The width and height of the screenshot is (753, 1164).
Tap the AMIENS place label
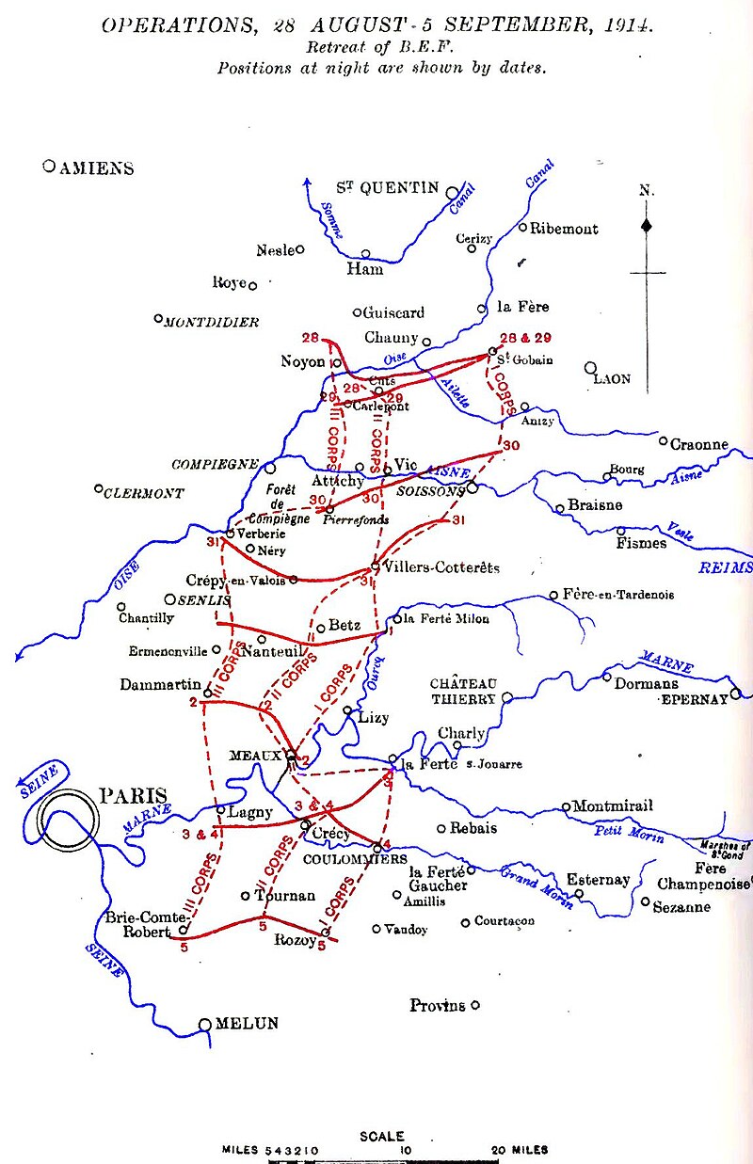[96, 168]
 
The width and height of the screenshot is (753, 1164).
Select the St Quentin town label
[388, 187]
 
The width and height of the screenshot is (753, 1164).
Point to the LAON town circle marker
[591, 368]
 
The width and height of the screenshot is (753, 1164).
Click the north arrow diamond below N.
[647, 226]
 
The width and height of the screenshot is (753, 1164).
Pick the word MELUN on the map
[247, 1024]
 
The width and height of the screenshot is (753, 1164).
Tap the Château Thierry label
[463, 691]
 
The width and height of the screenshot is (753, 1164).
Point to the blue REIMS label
[725, 567]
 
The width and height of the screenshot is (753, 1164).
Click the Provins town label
[437, 1006]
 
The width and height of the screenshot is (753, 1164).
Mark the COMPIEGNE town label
[215, 465]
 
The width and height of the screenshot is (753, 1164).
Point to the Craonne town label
[699, 444]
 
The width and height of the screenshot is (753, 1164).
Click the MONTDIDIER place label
[212, 322]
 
